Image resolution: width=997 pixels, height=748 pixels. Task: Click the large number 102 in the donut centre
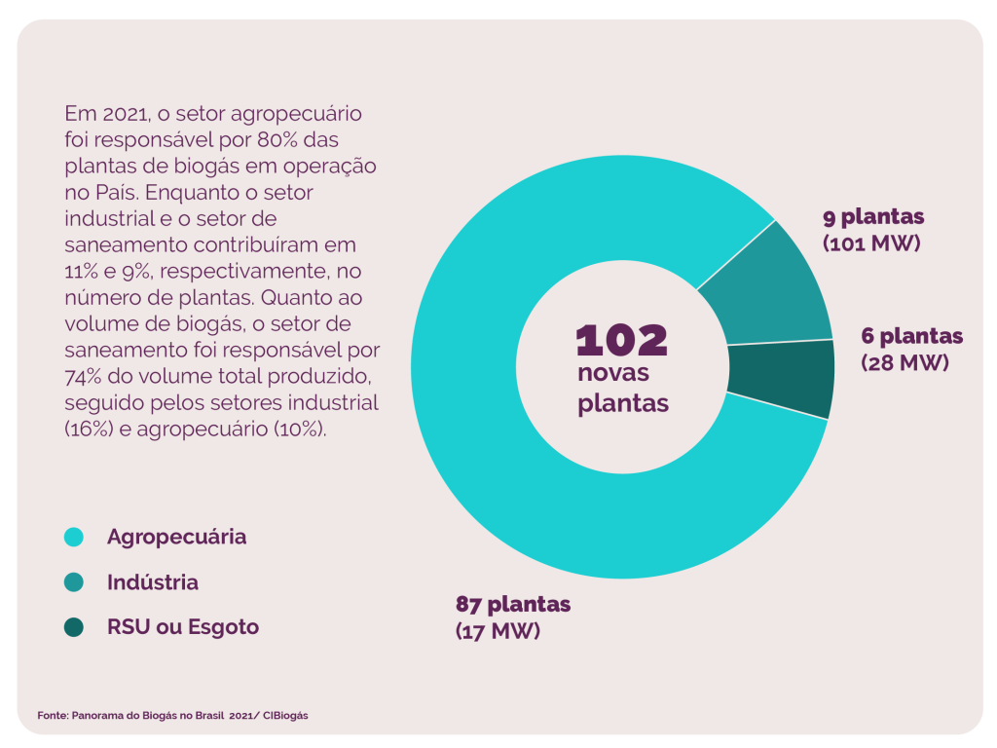[x=622, y=340]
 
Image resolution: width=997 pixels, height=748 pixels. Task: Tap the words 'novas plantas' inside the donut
[x=622, y=388]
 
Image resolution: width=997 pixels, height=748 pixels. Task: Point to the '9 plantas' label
[x=873, y=216]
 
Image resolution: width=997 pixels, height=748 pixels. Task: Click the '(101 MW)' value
[x=871, y=243]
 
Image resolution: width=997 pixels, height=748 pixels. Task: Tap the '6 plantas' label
[x=911, y=337]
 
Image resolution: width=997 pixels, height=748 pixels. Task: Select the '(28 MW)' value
[x=905, y=362]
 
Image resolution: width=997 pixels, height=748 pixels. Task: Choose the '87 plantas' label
[x=513, y=604]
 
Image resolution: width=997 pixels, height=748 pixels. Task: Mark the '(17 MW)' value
[x=498, y=630]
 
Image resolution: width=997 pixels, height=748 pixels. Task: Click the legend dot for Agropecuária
[x=74, y=537]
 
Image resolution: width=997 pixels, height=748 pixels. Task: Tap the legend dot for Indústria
[x=74, y=582]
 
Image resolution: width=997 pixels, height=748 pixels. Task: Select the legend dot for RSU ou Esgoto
[x=74, y=627]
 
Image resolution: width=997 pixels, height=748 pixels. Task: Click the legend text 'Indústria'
[x=153, y=582]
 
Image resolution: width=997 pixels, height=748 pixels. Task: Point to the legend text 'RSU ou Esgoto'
[x=183, y=627]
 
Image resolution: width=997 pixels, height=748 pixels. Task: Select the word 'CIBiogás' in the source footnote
[x=285, y=715]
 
